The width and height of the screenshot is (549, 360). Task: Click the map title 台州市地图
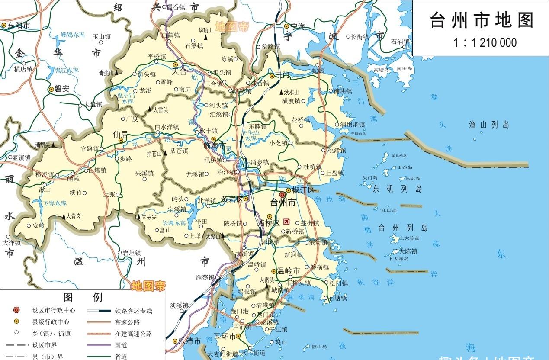tap(482, 20)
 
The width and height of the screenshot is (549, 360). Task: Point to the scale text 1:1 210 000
tap(485, 42)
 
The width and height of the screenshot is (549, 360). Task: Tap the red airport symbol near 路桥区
tap(286, 222)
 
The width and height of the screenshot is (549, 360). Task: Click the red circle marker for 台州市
tap(283, 195)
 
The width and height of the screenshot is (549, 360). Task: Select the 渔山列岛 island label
tap(489, 125)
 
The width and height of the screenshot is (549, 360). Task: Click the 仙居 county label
tap(120, 134)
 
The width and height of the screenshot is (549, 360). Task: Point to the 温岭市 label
tap(288, 271)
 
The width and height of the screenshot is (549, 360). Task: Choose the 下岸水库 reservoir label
tap(55, 203)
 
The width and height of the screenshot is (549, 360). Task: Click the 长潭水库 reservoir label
tap(174, 223)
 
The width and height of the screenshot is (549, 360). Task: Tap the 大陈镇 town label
tap(408, 251)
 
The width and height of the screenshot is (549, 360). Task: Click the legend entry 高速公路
tap(127, 322)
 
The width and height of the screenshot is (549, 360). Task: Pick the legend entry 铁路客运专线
tap(133, 311)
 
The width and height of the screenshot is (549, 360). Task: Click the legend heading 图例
tap(83, 297)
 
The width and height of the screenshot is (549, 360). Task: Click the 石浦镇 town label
tap(401, 42)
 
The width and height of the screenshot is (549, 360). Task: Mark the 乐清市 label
tap(190, 341)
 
